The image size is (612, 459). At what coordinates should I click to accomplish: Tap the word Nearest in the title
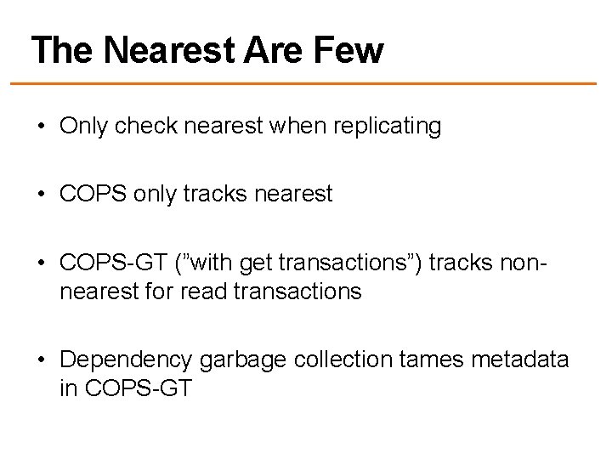163,51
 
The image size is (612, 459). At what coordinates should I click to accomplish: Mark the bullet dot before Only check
40,128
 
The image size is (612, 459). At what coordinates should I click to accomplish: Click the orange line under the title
306,83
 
